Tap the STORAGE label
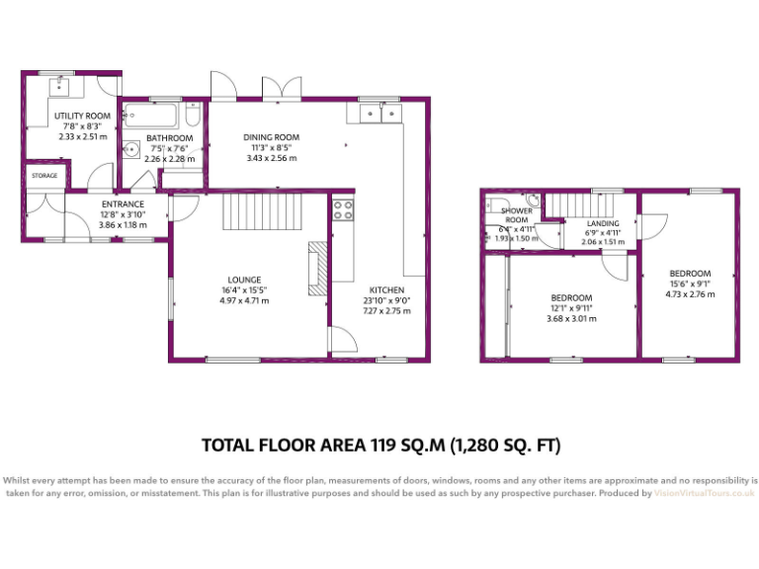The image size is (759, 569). point(44,176)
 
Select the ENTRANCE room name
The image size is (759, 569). point(122,204)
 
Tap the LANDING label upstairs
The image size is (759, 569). point(602,223)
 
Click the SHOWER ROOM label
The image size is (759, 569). point(516,215)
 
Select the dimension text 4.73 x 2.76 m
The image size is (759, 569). point(689,293)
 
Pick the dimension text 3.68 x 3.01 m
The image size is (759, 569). point(570,318)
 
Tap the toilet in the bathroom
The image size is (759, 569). point(193,116)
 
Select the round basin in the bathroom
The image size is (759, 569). point(132,151)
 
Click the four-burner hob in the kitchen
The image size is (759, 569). point(344,209)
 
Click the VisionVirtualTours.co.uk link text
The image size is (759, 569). point(704,492)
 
